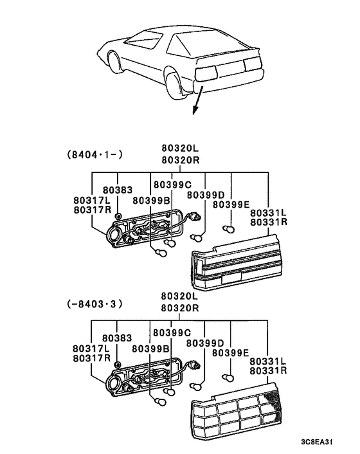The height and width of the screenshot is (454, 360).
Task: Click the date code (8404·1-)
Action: click(94, 154)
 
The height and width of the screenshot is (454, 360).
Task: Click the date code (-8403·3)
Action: click(94, 302)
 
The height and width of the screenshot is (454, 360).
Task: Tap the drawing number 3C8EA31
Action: click(317, 442)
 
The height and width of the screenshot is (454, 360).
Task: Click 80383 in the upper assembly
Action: click(116, 190)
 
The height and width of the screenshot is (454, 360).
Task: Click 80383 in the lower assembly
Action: click(116, 338)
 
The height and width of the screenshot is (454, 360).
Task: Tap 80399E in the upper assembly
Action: click(231, 204)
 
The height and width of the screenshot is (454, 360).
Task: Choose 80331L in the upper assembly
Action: click(268, 213)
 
